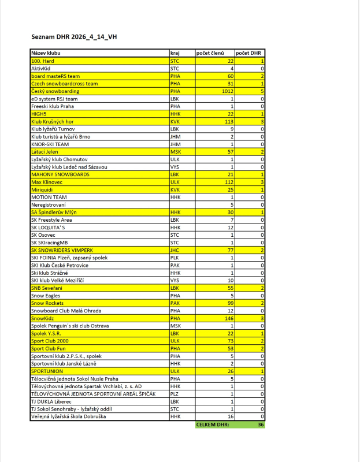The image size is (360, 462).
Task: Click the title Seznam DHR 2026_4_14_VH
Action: click(x=76, y=38)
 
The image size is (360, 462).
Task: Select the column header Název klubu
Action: click(x=46, y=53)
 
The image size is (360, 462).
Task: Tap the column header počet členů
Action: click(x=210, y=53)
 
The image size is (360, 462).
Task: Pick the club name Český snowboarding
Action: click(x=55, y=91)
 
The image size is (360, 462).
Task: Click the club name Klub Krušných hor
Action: click(x=54, y=121)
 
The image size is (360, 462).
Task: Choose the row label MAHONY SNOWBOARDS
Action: click(x=60, y=174)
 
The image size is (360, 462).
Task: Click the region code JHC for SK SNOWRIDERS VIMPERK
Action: click(x=176, y=250)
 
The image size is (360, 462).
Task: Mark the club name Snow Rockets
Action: click(x=47, y=303)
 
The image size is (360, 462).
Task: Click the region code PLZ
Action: click(x=175, y=393)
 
